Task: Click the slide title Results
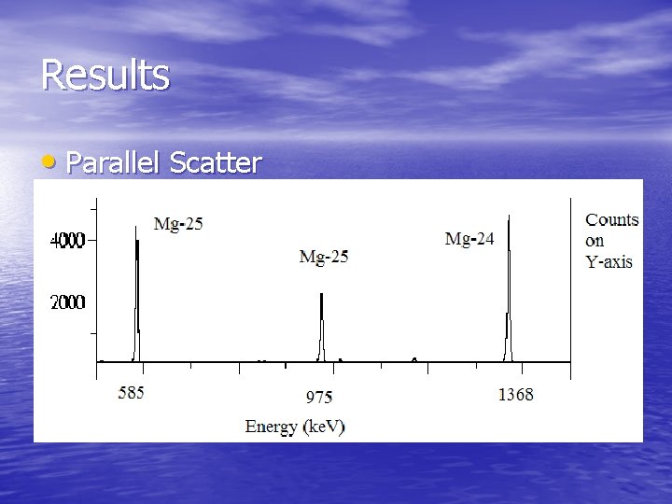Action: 105,75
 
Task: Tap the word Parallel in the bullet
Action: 114,163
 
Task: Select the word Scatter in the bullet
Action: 216,163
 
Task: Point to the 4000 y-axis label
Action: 67,240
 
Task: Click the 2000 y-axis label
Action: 67,302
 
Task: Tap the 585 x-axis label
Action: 132,393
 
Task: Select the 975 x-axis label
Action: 319,398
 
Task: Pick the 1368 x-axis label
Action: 515,394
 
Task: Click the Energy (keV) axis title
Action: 295,427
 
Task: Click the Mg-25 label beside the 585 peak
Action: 178,225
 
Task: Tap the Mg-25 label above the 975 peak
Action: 324,256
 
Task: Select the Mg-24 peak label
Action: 469,239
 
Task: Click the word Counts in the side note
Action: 612,220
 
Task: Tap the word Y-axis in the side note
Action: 609,261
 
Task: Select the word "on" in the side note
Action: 595,241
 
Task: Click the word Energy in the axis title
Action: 271,427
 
